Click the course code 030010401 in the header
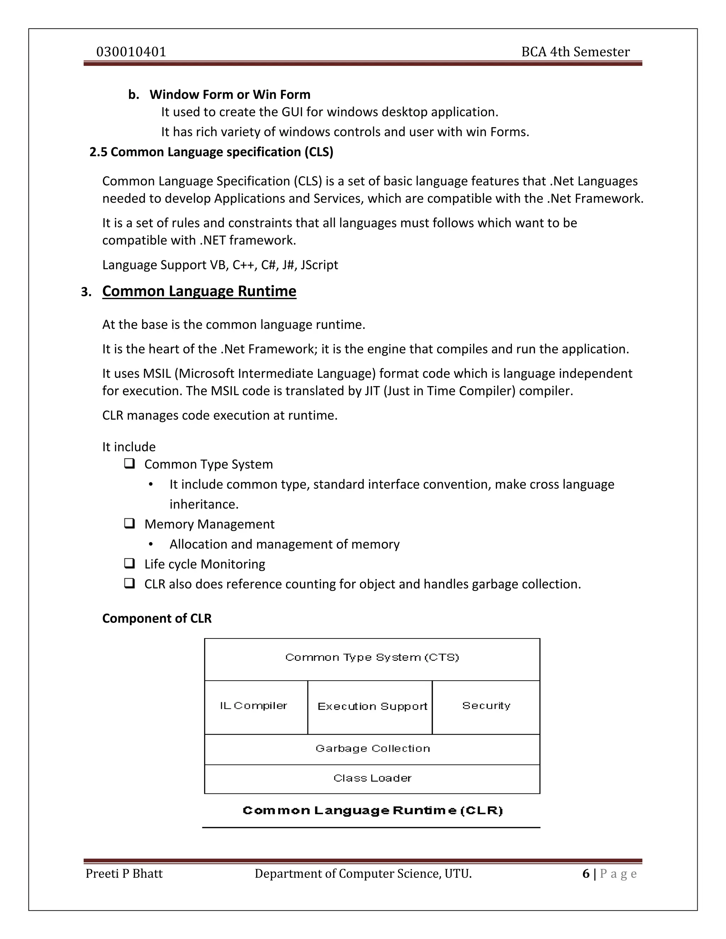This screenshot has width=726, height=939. tap(131, 52)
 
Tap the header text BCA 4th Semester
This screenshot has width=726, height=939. tap(575, 52)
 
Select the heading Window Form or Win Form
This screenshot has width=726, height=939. tap(230, 95)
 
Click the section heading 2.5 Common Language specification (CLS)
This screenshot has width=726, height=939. tap(211, 152)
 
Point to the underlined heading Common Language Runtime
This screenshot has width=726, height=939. tap(199, 292)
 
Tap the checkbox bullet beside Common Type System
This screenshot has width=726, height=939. tap(129, 464)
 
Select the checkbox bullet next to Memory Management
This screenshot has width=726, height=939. tap(129, 524)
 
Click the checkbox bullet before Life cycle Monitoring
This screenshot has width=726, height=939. tap(129, 564)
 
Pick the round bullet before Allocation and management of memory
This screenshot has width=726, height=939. tap(151, 544)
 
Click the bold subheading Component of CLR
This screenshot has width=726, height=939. tap(157, 618)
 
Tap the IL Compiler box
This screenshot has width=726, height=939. tap(256, 706)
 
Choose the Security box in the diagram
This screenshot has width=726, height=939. tap(486, 706)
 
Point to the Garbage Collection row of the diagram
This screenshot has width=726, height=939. tap(372, 748)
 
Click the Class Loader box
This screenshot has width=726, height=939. tap(372, 778)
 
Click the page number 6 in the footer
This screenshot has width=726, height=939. tap(586, 874)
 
